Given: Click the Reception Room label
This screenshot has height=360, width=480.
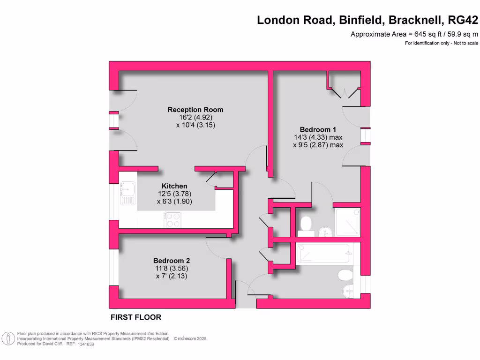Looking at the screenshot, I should (x=195, y=110).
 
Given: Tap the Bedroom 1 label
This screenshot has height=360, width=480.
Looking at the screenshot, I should (x=318, y=129).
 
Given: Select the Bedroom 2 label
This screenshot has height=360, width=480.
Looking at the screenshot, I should (x=172, y=261).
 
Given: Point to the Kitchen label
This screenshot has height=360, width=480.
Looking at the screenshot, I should (x=174, y=186).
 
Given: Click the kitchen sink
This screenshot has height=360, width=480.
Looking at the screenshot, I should (x=127, y=194).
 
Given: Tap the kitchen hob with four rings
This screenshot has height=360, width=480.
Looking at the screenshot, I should (x=172, y=220).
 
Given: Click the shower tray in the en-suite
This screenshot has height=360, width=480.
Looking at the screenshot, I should (x=347, y=221).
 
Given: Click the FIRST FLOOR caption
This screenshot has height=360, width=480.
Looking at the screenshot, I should (x=136, y=317).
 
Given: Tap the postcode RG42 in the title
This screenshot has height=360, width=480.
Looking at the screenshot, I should (x=463, y=20).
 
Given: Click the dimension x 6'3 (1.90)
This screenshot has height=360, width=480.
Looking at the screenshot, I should (x=174, y=202).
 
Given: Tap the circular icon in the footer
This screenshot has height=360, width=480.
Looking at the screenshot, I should (x=7, y=338).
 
